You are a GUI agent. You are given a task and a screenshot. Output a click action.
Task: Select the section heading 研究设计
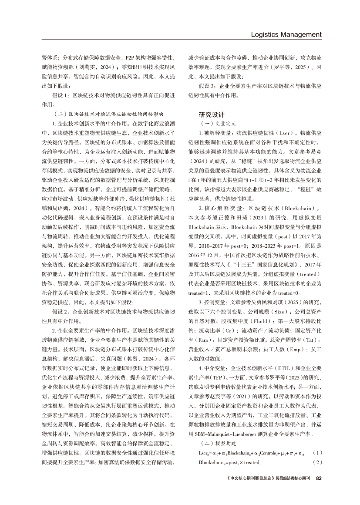[x=212, y=115]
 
